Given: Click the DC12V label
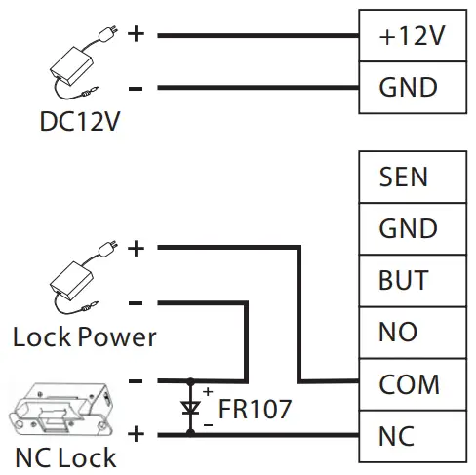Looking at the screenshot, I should [x=73, y=125].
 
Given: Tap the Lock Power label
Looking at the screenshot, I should [x=85, y=337].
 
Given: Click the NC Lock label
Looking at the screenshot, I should [x=65, y=456].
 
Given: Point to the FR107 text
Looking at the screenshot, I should [x=254, y=409].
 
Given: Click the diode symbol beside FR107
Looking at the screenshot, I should [x=191, y=407].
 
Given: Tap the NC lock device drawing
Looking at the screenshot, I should [x=60, y=408].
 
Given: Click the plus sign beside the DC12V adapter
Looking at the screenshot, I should [x=136, y=35].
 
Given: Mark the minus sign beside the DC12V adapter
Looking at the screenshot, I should [x=136, y=88].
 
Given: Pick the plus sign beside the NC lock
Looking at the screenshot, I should [x=136, y=433].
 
